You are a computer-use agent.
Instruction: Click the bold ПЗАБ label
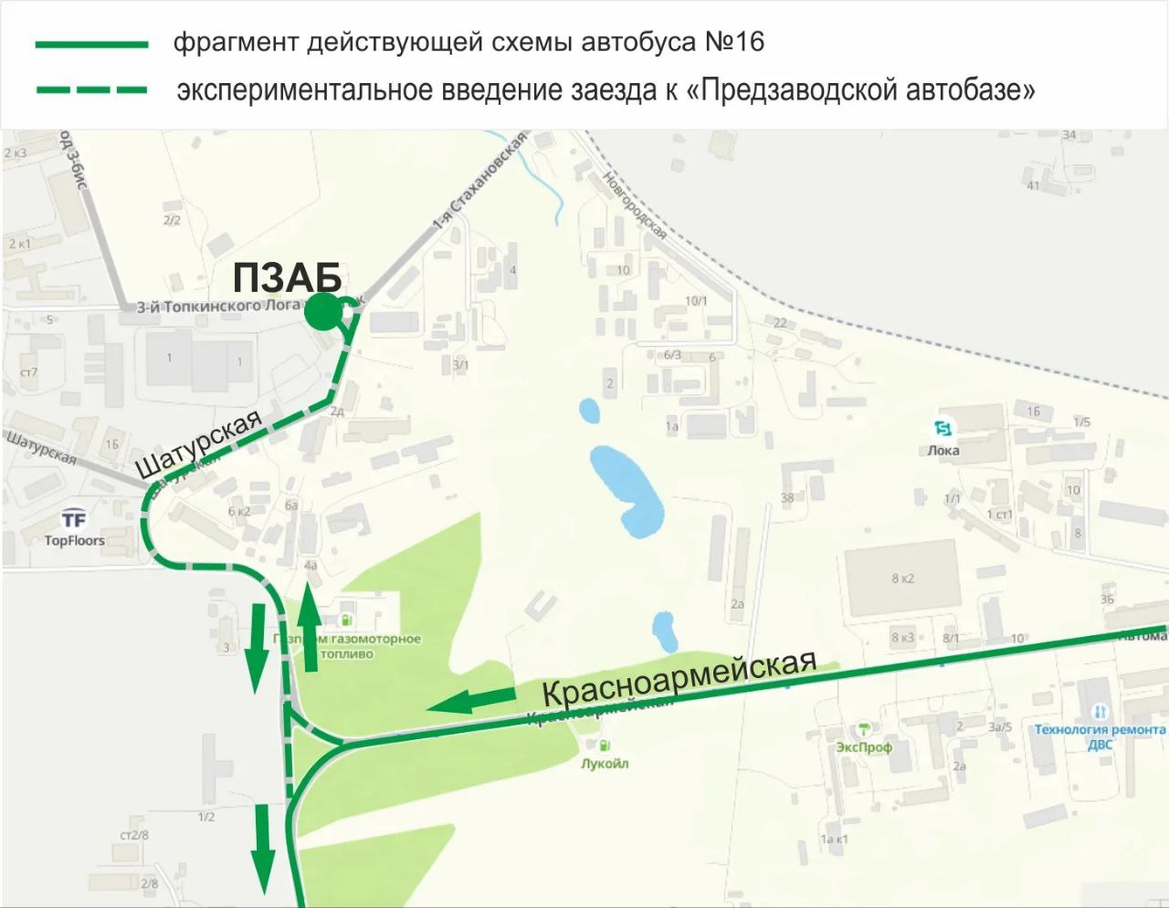tap(287, 277)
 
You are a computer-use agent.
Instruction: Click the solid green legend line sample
tap(91, 44)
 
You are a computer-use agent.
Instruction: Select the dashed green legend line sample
tap(91, 90)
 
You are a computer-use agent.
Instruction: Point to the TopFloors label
tap(75, 540)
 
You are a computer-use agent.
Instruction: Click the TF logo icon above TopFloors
tap(74, 520)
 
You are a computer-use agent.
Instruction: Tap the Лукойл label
tap(605, 764)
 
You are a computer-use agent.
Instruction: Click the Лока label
tap(943, 450)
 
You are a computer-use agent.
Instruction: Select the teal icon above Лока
tap(943, 428)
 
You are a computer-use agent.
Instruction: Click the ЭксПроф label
tap(863, 747)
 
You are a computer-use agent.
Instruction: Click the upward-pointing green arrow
tap(310, 628)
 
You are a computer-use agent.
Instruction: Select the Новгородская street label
tap(634, 206)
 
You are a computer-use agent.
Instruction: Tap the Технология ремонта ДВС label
tap(1100, 736)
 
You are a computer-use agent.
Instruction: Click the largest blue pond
tap(627, 488)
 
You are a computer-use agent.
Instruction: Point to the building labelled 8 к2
tap(901, 579)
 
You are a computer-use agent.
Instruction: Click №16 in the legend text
tap(734, 42)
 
